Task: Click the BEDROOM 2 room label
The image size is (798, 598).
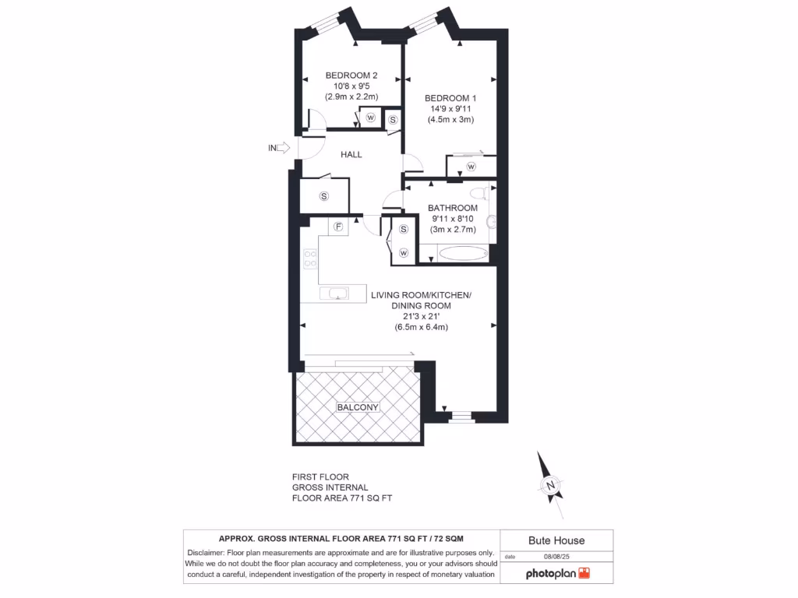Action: click(351, 75)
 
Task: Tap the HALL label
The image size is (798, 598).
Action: click(351, 154)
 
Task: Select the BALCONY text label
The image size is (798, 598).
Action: click(358, 407)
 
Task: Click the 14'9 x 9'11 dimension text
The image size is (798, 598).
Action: click(450, 109)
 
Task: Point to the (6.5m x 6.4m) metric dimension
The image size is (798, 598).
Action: click(421, 327)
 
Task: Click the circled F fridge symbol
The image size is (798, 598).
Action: click(338, 227)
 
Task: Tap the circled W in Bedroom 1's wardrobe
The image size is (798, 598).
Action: click(471, 167)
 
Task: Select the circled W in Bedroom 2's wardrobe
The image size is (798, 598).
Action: click(371, 118)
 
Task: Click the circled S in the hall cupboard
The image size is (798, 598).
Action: click(323, 195)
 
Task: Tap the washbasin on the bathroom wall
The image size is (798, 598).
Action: click(491, 223)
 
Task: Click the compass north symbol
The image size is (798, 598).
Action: click(551, 486)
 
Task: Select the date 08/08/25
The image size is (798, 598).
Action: click(557, 557)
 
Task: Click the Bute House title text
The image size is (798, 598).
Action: click(556, 540)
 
